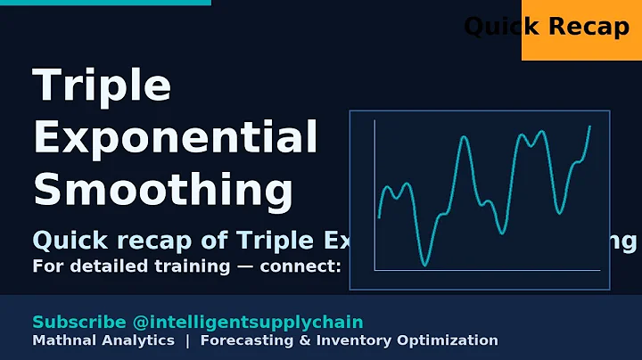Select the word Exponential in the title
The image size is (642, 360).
[x=175, y=138]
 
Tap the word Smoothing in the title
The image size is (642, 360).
[x=162, y=189]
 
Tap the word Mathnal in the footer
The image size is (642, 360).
[x=62, y=340]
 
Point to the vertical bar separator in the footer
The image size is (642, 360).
[x=187, y=340]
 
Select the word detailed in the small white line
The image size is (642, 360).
[x=93, y=266]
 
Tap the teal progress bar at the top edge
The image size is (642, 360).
[x=105, y=3]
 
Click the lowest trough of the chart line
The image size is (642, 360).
[x=425, y=265]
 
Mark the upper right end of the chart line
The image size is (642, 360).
[x=589, y=127]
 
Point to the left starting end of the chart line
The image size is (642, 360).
[x=379, y=217]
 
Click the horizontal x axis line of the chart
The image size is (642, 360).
[x=487, y=271]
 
